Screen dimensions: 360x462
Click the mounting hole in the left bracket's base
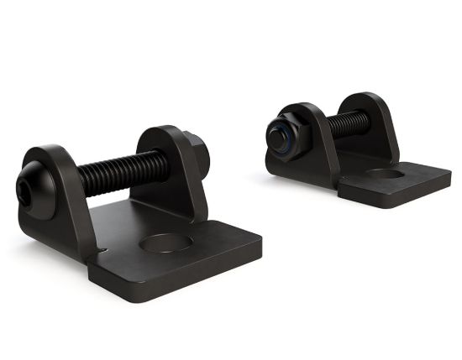click(x=165, y=244)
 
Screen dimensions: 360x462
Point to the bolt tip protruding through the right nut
click(x=276, y=135)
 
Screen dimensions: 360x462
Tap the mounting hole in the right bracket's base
click(x=386, y=175)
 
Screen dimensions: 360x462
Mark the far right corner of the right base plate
click(x=449, y=179)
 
